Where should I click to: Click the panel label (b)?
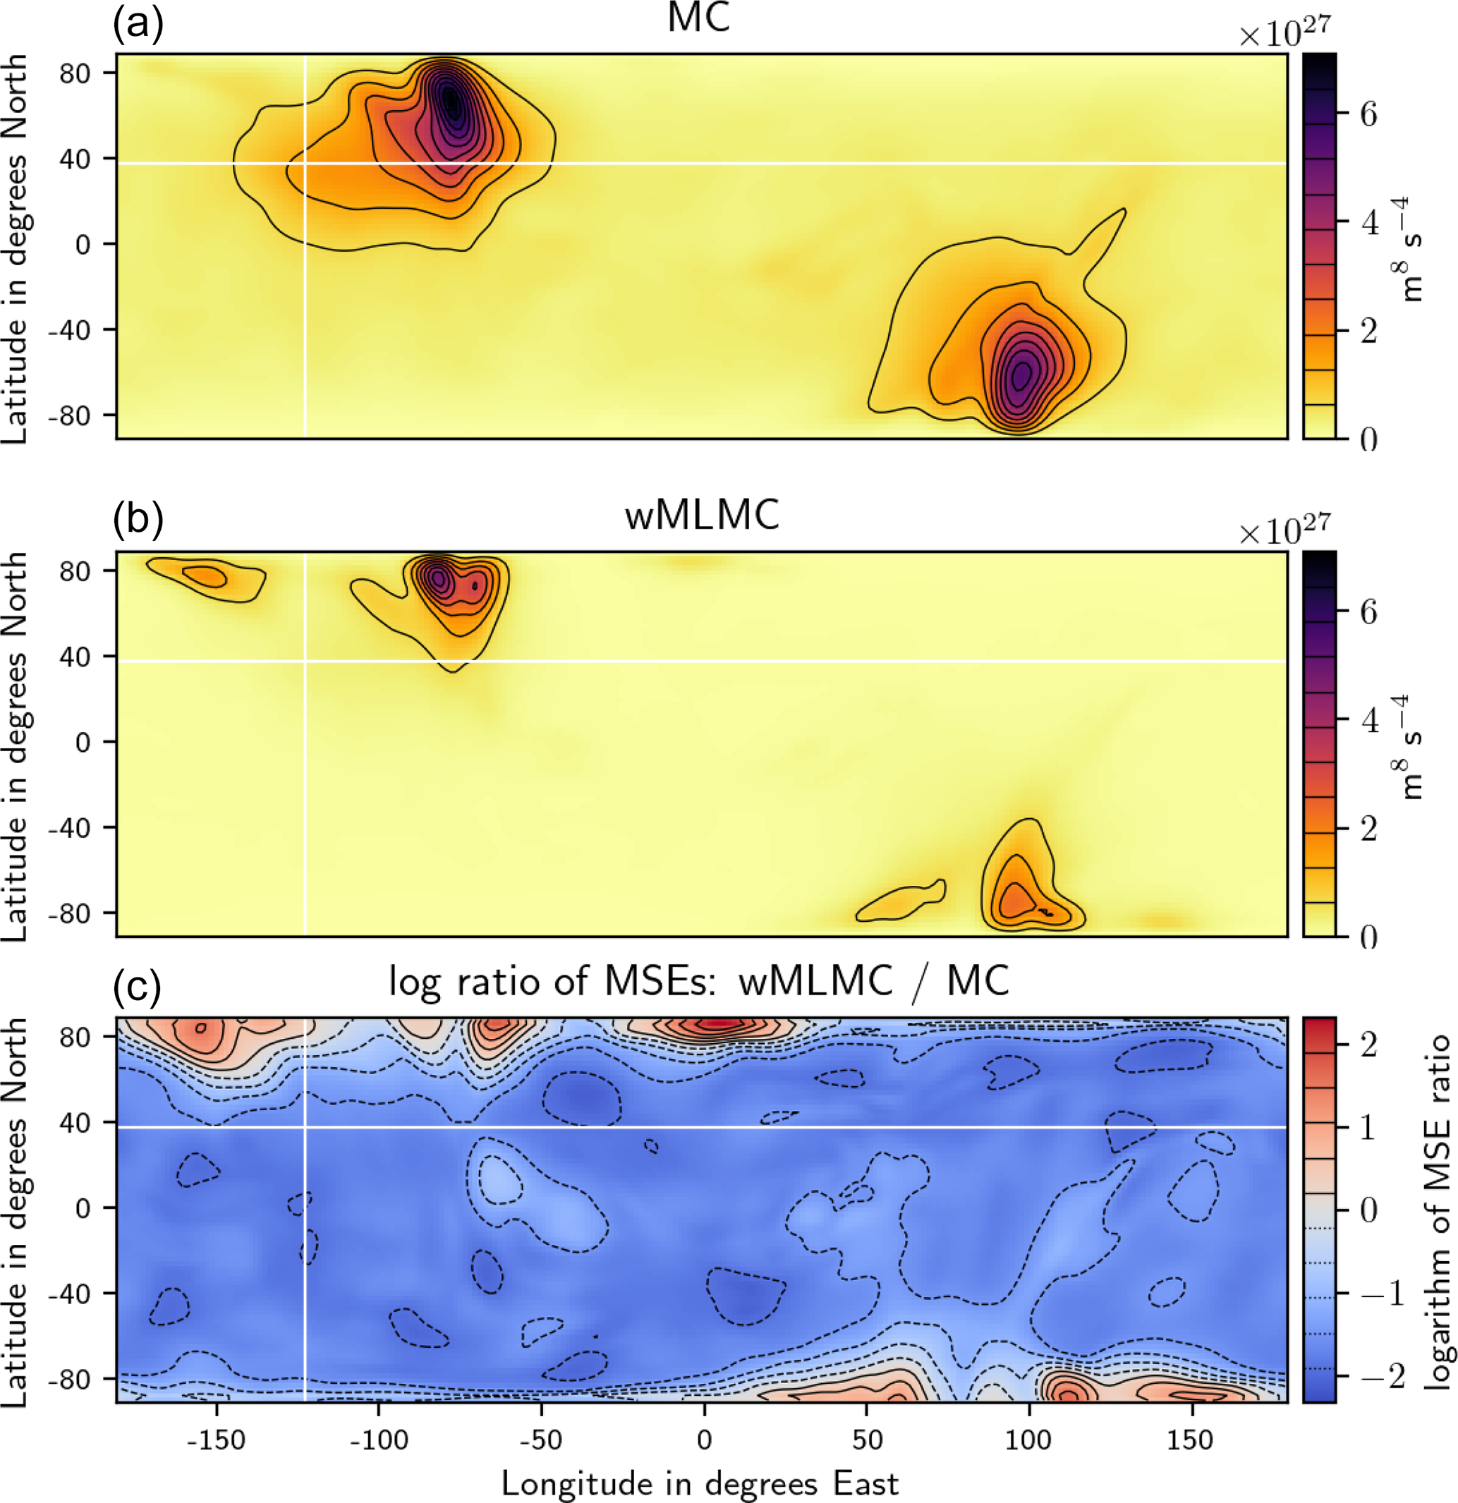[x=138, y=519]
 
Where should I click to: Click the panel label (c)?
[x=138, y=987]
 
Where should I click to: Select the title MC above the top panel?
[x=699, y=18]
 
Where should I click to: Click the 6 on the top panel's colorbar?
[x=1368, y=114]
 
